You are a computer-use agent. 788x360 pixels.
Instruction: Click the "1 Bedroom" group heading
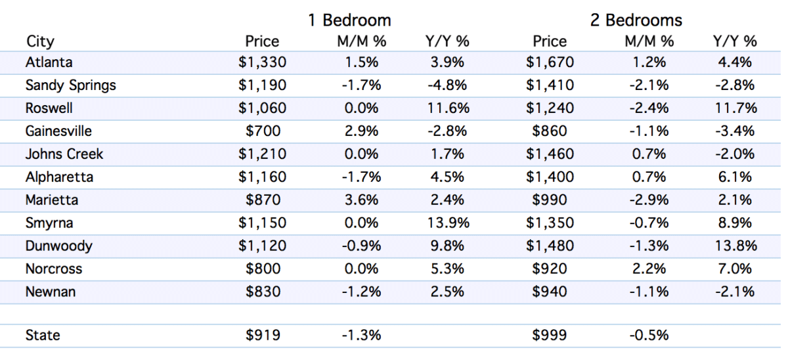point(349,20)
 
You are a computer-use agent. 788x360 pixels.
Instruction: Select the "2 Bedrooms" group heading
point(636,20)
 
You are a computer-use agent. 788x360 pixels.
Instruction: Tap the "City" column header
point(40,42)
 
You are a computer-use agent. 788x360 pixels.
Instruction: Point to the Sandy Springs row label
point(71,85)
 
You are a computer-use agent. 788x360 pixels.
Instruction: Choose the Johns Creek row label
point(64,154)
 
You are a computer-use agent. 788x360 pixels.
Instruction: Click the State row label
point(43,335)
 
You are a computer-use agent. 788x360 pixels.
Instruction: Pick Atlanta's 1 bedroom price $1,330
point(262,62)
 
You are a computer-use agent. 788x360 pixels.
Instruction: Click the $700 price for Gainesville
point(263,131)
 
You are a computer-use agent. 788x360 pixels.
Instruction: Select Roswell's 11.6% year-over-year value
point(448,108)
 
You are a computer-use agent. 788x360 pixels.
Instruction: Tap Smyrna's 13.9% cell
point(448,223)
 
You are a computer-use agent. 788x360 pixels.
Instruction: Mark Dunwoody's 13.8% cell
point(735,246)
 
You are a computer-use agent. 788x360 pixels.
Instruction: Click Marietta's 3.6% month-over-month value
point(361,200)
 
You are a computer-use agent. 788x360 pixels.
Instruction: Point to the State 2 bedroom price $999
point(550,335)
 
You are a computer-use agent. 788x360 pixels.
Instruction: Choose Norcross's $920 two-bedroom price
point(550,269)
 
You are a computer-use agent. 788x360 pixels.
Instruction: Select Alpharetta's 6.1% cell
point(735,177)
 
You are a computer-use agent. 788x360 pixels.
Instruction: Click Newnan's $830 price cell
point(263,292)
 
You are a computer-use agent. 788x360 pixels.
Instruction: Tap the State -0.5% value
point(649,335)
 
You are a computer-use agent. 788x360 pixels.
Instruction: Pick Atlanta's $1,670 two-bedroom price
point(550,62)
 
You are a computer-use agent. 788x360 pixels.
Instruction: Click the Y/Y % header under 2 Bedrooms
point(735,41)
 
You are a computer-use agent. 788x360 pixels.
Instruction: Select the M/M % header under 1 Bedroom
point(362,41)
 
